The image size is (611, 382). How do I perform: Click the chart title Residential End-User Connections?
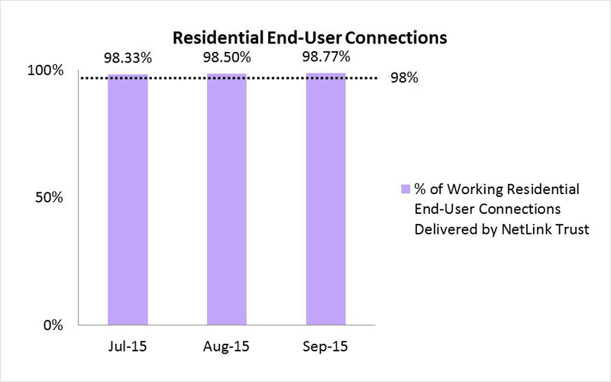309,37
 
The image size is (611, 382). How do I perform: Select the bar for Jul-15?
128,199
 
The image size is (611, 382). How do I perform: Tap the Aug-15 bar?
226,199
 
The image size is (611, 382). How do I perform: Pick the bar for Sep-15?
325,199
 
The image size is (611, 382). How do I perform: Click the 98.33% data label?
128,58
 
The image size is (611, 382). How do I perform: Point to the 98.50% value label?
226,58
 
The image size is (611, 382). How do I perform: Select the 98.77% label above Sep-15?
325,58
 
